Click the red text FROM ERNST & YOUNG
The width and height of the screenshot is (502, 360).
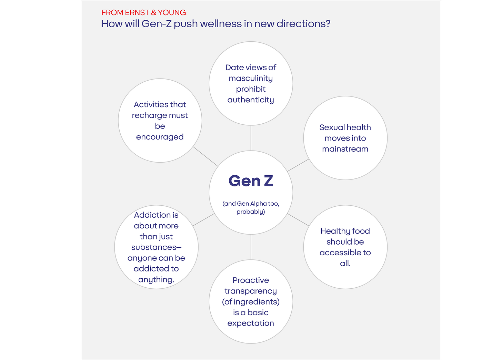143,13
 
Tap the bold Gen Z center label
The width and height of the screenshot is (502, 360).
251,181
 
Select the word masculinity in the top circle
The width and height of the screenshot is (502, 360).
251,79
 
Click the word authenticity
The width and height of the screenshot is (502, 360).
251,100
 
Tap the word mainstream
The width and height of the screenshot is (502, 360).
345,149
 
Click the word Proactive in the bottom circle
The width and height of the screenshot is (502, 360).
251,280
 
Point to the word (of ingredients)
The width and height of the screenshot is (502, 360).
251,302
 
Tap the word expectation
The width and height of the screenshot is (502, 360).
251,323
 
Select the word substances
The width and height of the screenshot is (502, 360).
154,247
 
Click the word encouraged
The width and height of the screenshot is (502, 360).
160,137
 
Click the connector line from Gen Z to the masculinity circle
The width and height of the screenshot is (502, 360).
251,138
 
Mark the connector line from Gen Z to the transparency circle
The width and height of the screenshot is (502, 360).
251,247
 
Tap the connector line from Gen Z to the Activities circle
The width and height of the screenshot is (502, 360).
205,156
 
